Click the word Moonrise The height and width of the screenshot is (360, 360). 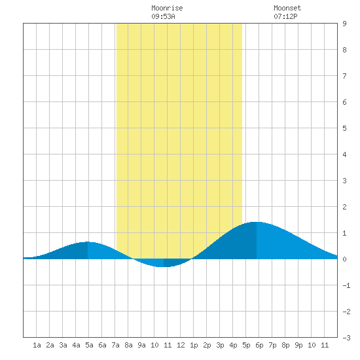tap(167, 8)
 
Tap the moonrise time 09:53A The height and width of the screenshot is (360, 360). tap(163, 16)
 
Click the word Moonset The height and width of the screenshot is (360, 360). tap(287, 8)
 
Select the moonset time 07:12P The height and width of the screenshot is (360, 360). tap(285, 16)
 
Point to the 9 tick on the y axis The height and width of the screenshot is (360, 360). tap(344, 24)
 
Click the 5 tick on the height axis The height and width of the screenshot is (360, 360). tap(344, 128)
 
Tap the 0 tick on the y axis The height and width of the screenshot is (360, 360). tap(344, 259)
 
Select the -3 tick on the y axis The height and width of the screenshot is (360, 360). tap(346, 338)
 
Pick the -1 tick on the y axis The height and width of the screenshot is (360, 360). tap(346, 285)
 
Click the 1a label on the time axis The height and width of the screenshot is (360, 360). tap(37, 345)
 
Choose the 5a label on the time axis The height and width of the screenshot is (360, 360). tap(89, 345)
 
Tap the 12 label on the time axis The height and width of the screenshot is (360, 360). tap(181, 345)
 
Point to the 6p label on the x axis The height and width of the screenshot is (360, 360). tap(259, 345)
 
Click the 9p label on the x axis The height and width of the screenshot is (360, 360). tap(298, 345)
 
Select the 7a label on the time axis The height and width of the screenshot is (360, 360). tap(115, 345)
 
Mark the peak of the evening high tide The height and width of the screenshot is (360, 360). tap(257, 222)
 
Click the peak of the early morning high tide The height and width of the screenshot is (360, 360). tap(88, 242)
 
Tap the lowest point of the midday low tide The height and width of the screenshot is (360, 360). tap(164, 267)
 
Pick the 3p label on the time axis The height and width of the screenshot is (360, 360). tap(220, 345)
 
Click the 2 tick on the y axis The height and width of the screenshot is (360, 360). tap(344, 207)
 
